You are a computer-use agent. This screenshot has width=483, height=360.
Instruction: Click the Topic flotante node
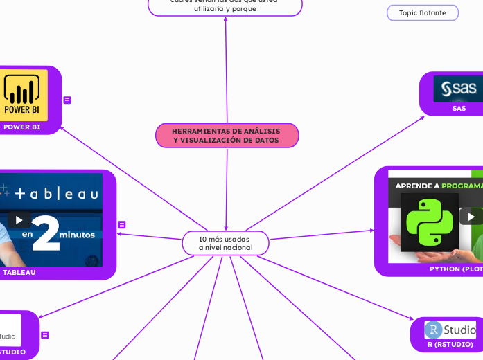[422, 12]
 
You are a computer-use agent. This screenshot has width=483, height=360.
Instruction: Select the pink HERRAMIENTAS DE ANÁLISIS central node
[227, 135]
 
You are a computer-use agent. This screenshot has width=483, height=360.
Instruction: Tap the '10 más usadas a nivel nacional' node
[225, 243]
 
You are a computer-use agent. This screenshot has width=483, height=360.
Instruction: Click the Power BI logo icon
[22, 96]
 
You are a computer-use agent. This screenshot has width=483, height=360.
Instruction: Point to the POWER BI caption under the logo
[21, 127]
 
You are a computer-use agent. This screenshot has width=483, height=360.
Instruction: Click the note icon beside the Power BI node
[67, 100]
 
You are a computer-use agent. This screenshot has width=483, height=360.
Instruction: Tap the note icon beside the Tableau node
[121, 225]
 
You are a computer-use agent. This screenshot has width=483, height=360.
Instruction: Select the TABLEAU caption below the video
[19, 272]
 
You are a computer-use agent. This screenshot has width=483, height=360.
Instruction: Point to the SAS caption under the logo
[459, 108]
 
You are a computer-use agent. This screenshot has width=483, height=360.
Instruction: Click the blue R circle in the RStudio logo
[434, 330]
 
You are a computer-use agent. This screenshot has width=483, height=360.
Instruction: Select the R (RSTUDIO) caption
[450, 344]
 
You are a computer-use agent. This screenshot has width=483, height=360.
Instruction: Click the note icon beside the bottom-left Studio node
[45, 335]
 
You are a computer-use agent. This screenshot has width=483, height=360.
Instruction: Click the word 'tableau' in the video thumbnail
[58, 194]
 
